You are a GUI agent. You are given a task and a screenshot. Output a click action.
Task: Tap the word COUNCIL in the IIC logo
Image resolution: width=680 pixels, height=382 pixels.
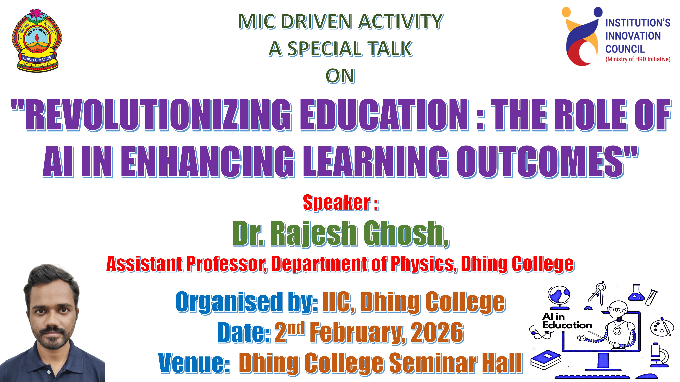point(625,49)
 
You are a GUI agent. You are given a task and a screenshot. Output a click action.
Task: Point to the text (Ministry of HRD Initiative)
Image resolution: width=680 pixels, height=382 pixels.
point(638,59)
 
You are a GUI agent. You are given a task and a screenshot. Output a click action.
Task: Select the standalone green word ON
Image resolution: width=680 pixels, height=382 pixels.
point(340,76)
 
